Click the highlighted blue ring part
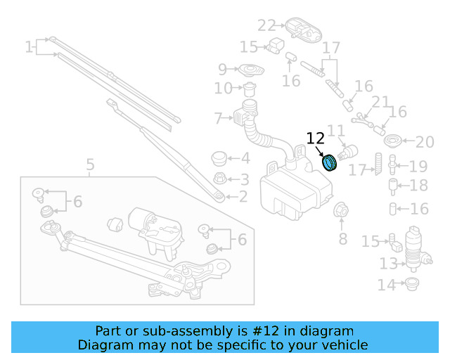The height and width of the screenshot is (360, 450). (x=329, y=162)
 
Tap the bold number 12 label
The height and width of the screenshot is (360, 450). (x=315, y=139)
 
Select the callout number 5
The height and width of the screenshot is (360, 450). (x=90, y=166)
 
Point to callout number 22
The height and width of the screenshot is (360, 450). (x=266, y=26)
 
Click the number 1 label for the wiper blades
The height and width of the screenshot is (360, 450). (x=29, y=48)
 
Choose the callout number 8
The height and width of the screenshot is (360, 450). (x=343, y=239)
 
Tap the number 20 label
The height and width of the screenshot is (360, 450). (x=425, y=143)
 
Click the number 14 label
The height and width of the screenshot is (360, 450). (x=387, y=285)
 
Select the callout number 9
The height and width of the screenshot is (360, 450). (x=222, y=69)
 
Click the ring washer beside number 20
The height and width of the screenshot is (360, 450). (x=394, y=140)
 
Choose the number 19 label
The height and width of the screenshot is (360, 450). (x=418, y=167)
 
